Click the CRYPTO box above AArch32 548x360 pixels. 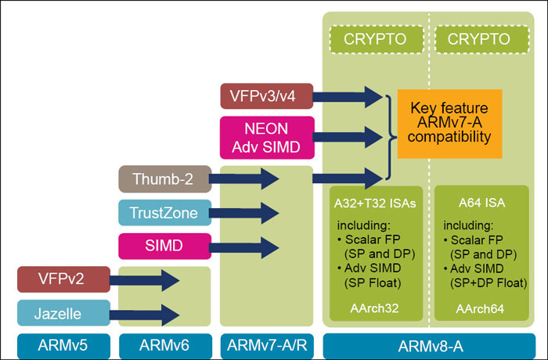pos(374,38)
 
